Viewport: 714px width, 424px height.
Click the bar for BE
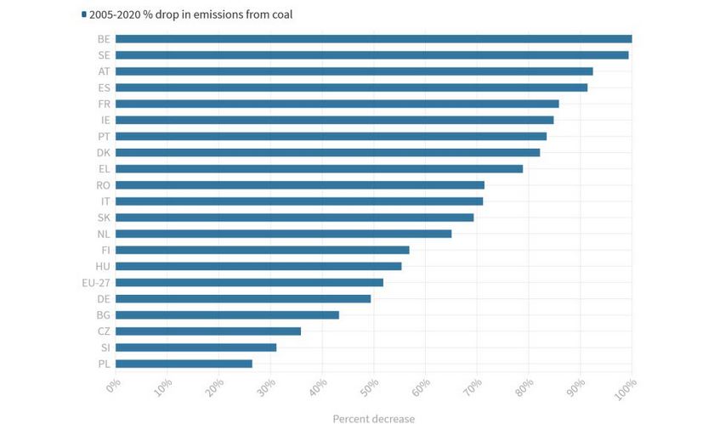373,39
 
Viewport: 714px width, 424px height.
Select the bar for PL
184,364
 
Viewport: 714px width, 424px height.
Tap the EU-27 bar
249,282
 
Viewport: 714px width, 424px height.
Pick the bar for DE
243,298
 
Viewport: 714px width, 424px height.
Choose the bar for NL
283,234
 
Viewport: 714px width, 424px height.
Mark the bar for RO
299,185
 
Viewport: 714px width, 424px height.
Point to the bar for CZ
208,331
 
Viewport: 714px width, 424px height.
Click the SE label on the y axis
103,55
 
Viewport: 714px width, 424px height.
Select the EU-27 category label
97,282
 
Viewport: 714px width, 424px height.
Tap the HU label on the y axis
102,266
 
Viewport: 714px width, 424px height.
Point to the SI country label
104,348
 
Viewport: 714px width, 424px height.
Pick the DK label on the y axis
103,152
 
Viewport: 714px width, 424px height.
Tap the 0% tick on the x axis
114,387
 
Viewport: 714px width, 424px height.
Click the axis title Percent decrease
373,417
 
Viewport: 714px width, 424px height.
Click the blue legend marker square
83,14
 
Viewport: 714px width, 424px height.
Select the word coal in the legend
280,14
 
